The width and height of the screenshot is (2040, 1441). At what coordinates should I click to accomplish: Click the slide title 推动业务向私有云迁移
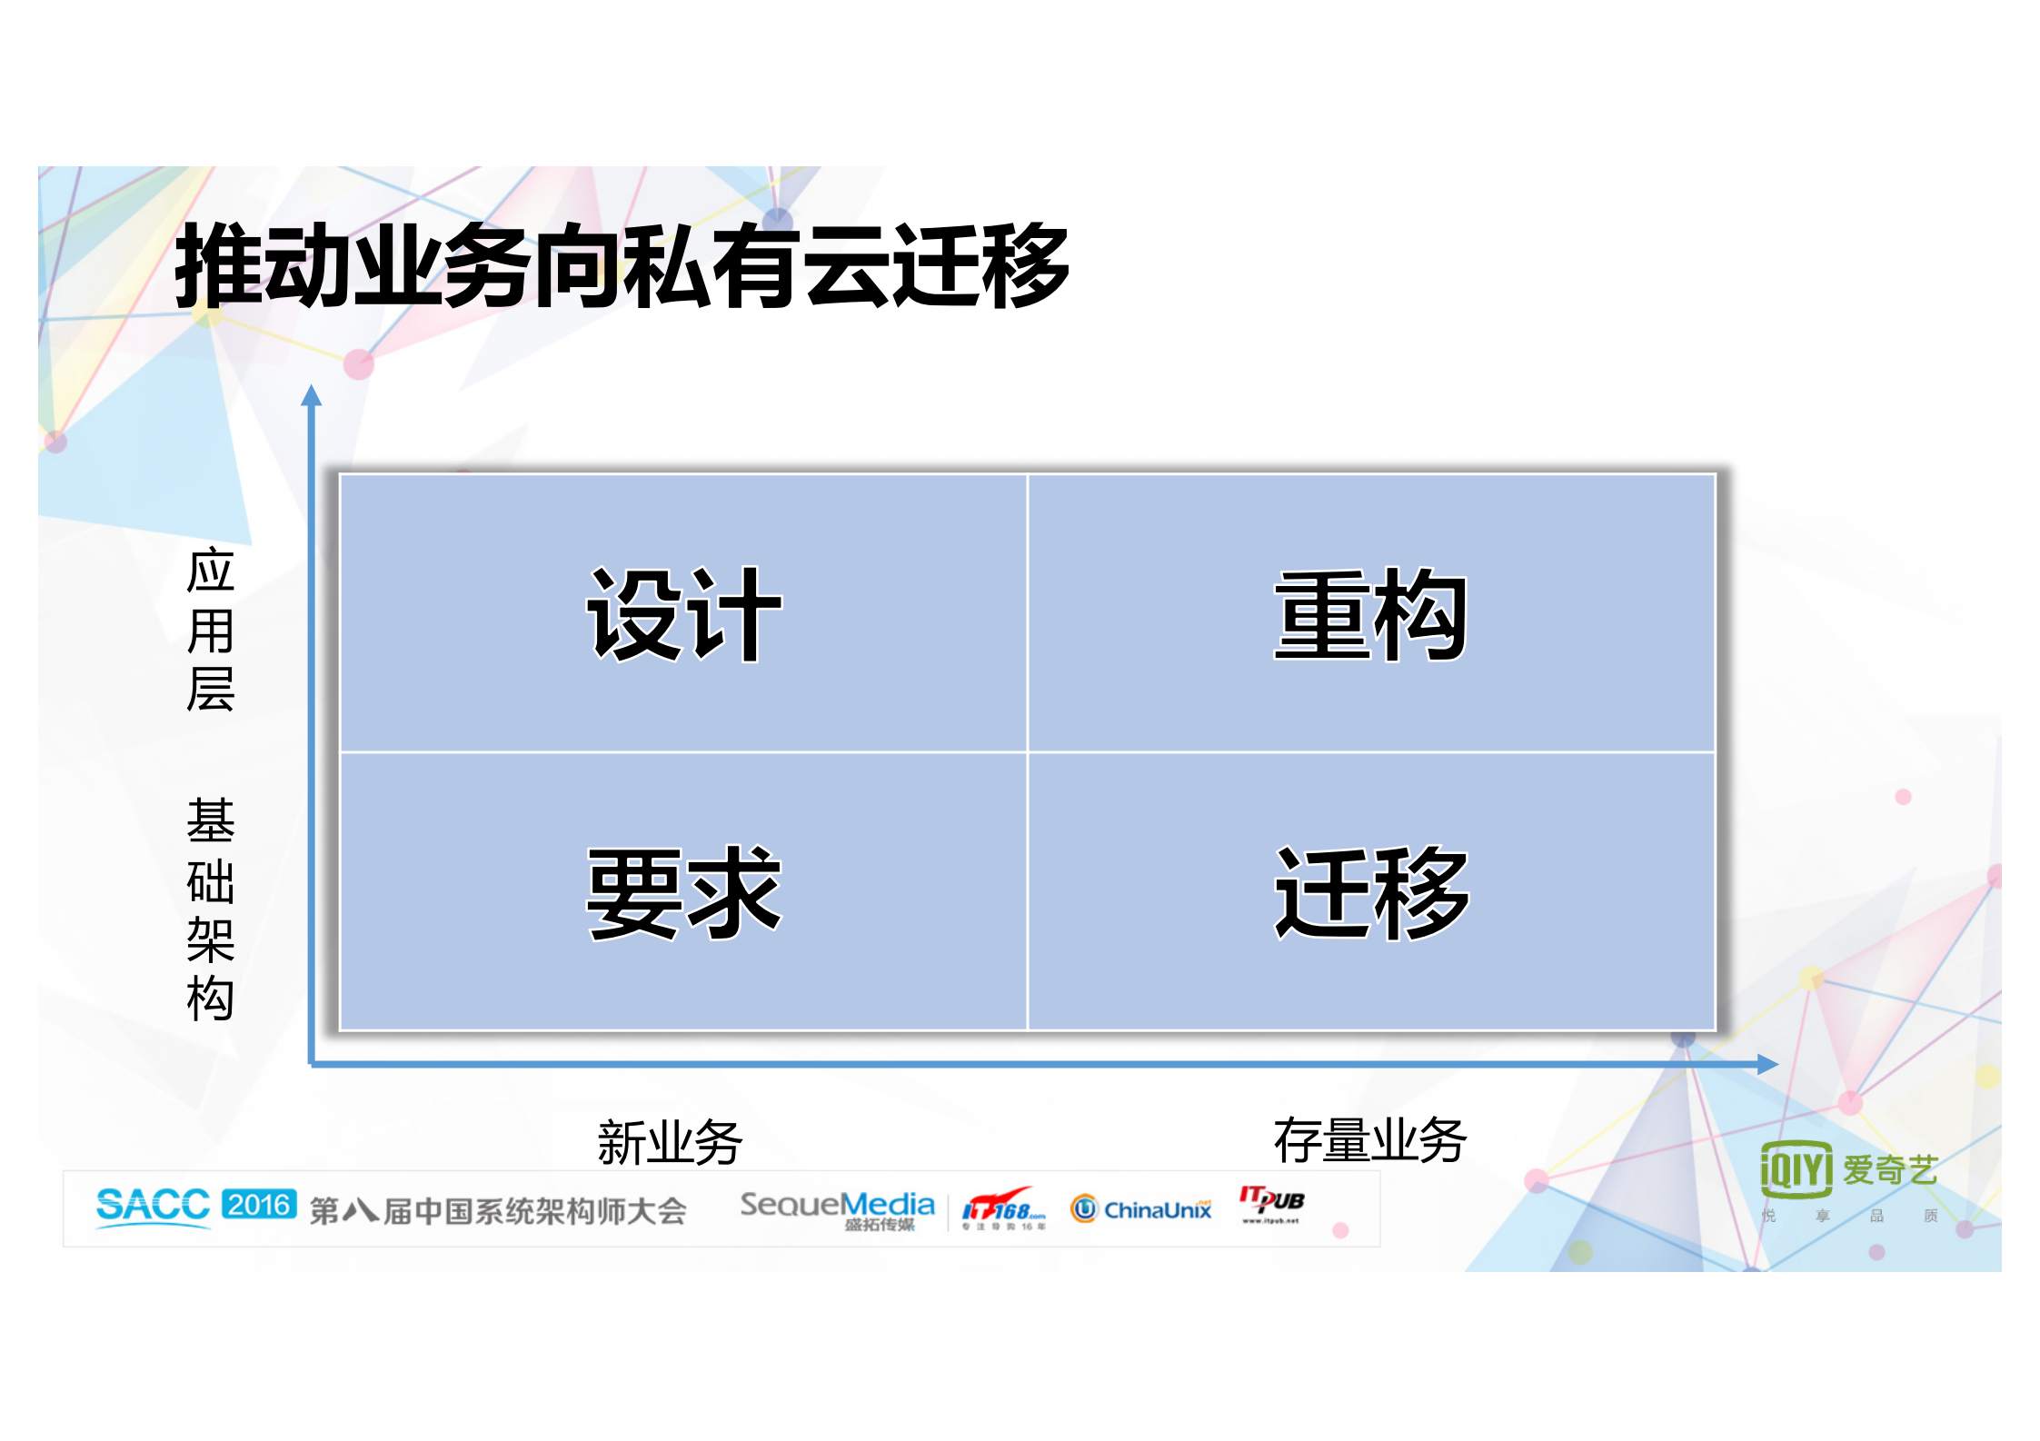tap(622, 265)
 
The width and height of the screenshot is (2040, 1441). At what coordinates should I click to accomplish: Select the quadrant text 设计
tap(683, 615)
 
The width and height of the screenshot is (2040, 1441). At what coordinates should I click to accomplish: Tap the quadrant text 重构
tap(1370, 615)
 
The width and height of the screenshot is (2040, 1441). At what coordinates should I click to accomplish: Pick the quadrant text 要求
tap(683, 892)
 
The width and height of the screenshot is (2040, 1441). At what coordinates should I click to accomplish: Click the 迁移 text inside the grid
tap(1370, 892)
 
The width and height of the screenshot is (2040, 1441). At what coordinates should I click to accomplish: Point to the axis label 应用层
tap(211, 629)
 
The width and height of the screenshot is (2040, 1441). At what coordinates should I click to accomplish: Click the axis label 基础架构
tap(211, 909)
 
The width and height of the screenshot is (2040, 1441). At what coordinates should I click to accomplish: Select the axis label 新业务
tap(670, 1142)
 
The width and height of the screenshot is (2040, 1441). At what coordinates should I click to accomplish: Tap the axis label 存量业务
tap(1369, 1140)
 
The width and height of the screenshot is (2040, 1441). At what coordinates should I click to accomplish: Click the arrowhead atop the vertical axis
tap(312, 395)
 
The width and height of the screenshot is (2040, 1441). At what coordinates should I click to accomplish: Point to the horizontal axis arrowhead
tap(1766, 1064)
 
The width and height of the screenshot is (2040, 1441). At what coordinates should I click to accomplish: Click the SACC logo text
tap(153, 1206)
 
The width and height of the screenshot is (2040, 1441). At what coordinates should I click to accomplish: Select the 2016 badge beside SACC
tap(259, 1204)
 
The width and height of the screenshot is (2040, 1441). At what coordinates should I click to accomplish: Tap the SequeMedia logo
tap(837, 1208)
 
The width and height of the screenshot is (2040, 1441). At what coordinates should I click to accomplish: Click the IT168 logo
tap(1003, 1209)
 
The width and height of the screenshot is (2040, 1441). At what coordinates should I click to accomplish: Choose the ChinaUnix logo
tap(1141, 1208)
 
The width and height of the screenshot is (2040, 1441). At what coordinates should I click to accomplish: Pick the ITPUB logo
tap(1271, 1204)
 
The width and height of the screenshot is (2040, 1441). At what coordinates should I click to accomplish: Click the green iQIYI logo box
tap(1796, 1168)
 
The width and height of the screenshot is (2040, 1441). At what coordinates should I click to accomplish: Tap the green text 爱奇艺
tap(1890, 1169)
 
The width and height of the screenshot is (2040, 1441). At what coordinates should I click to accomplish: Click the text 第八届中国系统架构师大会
tap(498, 1210)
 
